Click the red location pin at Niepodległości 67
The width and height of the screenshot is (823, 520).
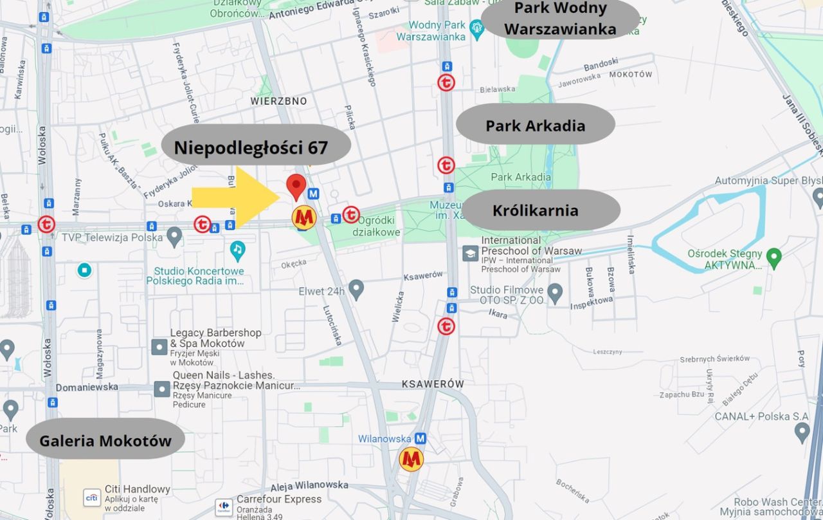pos(296,185)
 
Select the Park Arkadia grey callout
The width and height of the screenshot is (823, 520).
pos(535,124)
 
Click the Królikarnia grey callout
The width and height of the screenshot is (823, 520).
pos(540,210)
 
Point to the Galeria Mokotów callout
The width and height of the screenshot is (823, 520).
pos(105,440)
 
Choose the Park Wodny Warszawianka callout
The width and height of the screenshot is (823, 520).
pos(560,19)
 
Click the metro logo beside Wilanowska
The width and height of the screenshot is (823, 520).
pos(411,460)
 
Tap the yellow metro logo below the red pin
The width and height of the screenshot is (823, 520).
pos(304,218)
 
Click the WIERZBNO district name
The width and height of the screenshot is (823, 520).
pos(278,101)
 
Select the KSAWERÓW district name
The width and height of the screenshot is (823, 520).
pos(433,384)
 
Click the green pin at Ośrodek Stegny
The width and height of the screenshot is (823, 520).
pos(774,257)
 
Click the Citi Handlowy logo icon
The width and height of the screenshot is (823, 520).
pos(92,497)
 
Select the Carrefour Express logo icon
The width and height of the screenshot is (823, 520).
pos(224,506)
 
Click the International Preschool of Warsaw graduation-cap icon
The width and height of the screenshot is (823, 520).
pos(470,253)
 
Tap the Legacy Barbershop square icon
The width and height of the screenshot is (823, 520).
pos(159,347)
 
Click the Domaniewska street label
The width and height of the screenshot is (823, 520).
pos(87,387)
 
